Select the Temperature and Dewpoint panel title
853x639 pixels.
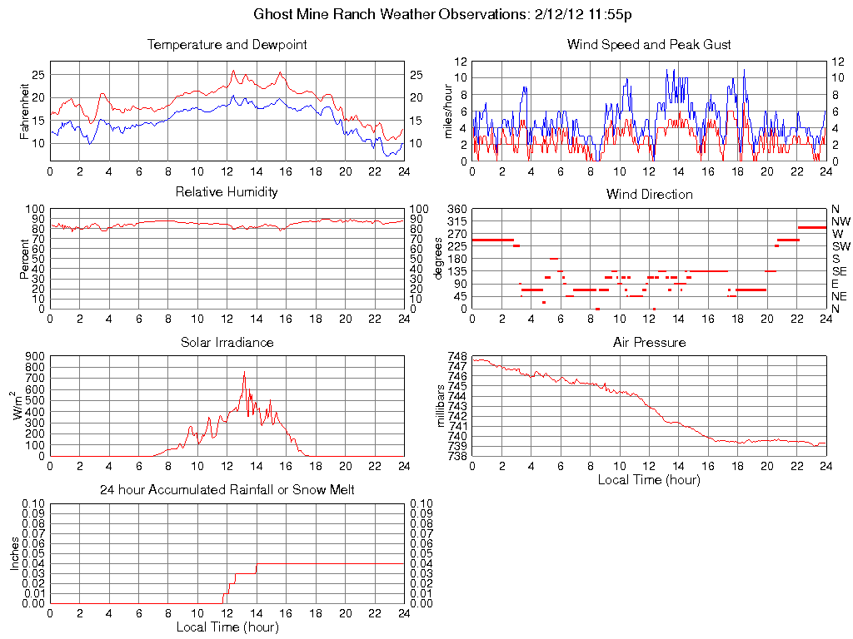coord(227,44)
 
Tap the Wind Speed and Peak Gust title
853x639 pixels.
coord(649,44)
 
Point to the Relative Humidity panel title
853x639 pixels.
coord(227,192)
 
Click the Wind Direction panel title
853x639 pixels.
coord(649,194)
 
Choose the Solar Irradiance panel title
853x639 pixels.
coord(227,342)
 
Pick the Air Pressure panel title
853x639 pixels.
coord(649,342)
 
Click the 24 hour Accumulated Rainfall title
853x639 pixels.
coord(227,490)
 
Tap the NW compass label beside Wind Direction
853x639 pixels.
coord(841,221)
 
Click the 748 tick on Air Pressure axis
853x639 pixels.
coord(457,356)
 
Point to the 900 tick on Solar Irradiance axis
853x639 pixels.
coord(35,356)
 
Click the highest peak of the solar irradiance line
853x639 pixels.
coord(244,372)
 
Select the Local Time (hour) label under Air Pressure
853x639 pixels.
coord(649,479)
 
